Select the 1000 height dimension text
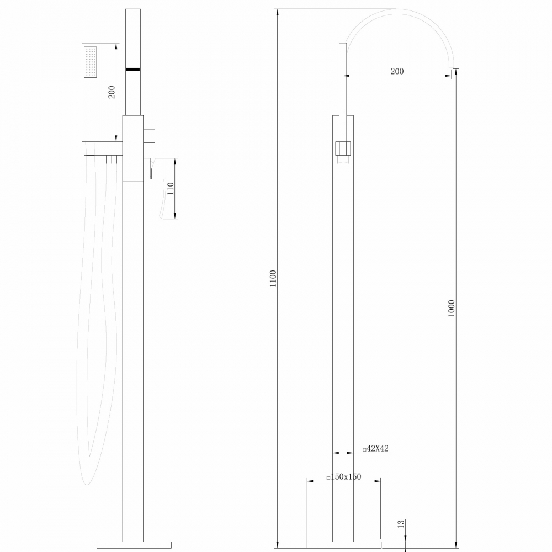pos(452,311)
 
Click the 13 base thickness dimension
pos(401,523)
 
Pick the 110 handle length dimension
pos(171,189)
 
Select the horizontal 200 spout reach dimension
pos(397,71)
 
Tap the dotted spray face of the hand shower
pos(89,62)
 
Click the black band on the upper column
pos(133,69)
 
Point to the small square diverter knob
pos(149,135)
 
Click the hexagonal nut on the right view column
pos(343,148)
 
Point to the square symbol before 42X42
pos(364,449)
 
